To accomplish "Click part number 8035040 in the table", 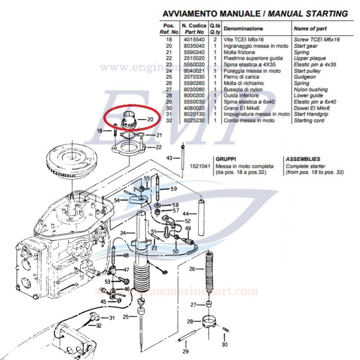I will (193, 46).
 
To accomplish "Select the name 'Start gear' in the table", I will (306, 46).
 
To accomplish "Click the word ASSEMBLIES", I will (303, 159).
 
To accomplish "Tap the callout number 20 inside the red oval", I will (150, 119).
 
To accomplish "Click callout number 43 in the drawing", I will (169, 158).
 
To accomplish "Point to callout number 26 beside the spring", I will (193, 269).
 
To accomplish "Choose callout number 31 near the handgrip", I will (112, 318).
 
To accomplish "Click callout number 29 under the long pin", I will (185, 351).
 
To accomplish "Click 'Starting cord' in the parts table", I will (309, 121).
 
